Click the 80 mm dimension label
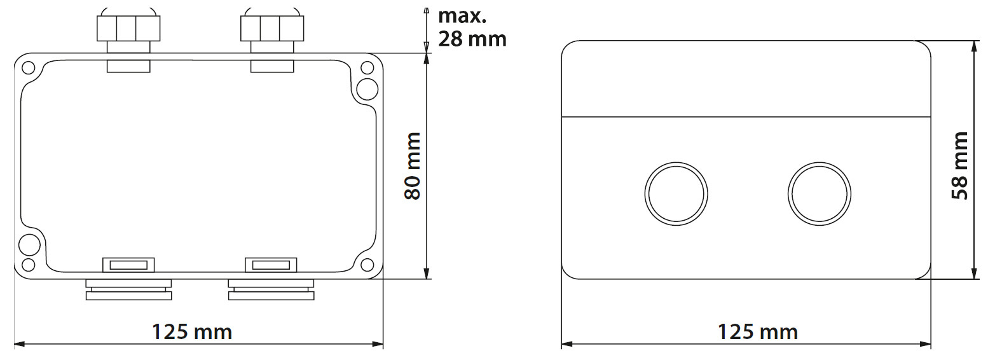coord(413,167)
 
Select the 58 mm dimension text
coord(959,167)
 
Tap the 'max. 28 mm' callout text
coord(472,28)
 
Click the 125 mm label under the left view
coord(191,331)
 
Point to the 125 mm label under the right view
coord(757,331)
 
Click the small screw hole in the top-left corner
coord(28,67)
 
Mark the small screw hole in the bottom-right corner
coord(367,265)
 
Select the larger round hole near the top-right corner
coord(367,89)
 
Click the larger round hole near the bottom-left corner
coord(29,244)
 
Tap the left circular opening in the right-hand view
coord(676,193)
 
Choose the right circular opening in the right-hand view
coord(819,193)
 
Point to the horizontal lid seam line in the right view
coord(746,117)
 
